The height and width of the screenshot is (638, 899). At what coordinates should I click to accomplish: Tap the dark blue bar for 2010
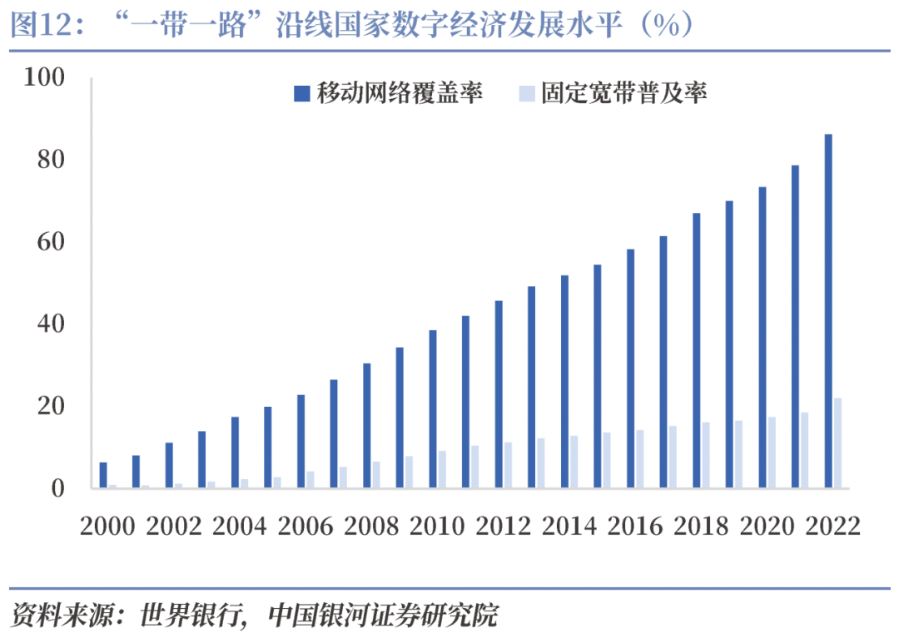tap(433, 408)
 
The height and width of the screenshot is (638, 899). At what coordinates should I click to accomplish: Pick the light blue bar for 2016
tap(639, 458)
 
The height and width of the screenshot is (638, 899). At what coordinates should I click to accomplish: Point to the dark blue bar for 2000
tap(103, 475)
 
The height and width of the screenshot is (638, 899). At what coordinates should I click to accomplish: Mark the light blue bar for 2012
tap(508, 465)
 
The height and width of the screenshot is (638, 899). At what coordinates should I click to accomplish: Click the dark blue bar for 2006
tap(301, 441)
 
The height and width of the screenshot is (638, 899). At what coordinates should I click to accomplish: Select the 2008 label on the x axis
tap(371, 527)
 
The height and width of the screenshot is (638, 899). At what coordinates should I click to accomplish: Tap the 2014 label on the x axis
tap(569, 527)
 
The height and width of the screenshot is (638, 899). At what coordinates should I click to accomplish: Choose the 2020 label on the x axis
tap(767, 527)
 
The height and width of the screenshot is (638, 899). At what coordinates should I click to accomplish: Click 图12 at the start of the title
tap(33, 27)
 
